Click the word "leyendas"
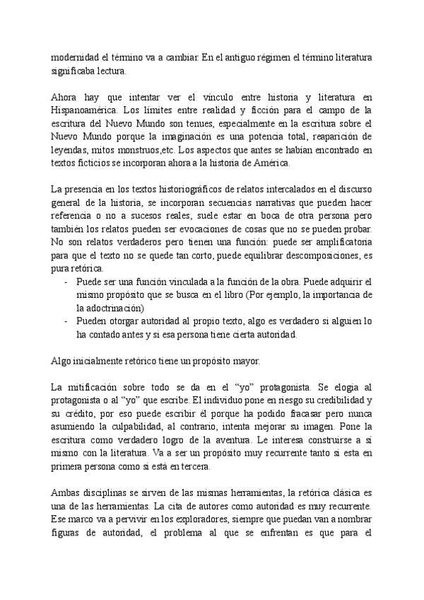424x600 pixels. click(71, 151)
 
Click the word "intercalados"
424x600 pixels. click(298, 190)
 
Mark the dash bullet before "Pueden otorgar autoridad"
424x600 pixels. click(65, 322)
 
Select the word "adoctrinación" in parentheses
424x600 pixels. click(111, 308)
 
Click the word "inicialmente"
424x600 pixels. click(102, 361)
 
